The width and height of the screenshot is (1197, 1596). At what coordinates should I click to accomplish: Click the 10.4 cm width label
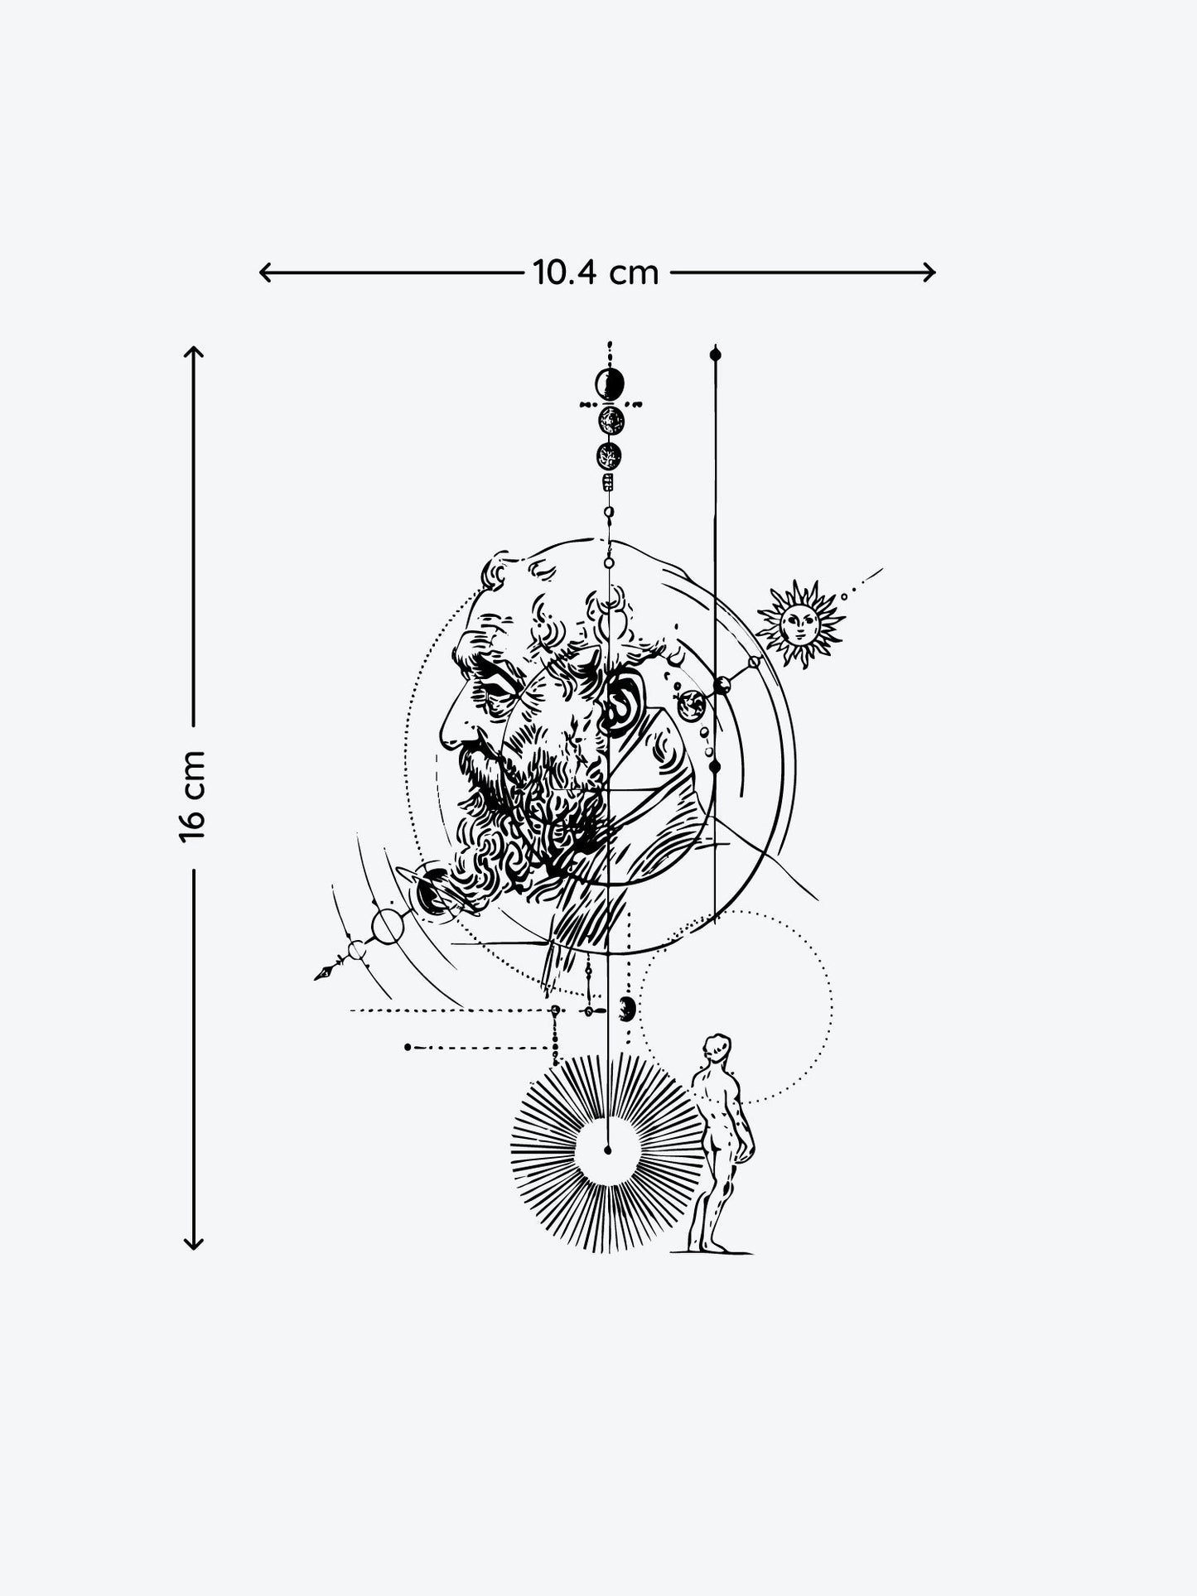coord(596,272)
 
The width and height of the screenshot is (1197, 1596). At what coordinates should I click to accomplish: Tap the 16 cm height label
coord(191,796)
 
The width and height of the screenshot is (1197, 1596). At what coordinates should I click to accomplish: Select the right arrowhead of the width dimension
coord(929,272)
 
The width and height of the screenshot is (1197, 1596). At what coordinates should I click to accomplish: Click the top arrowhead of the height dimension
coord(192,352)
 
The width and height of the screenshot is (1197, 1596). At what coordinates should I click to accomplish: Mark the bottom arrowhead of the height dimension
coord(192,1242)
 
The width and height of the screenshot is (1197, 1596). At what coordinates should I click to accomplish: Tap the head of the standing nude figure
coord(717,1048)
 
